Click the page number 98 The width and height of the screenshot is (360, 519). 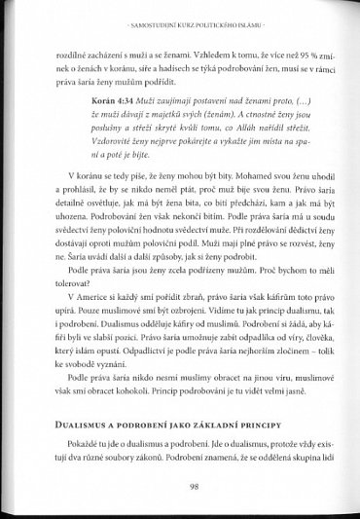click(180, 489)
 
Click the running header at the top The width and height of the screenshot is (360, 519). click(180, 21)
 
